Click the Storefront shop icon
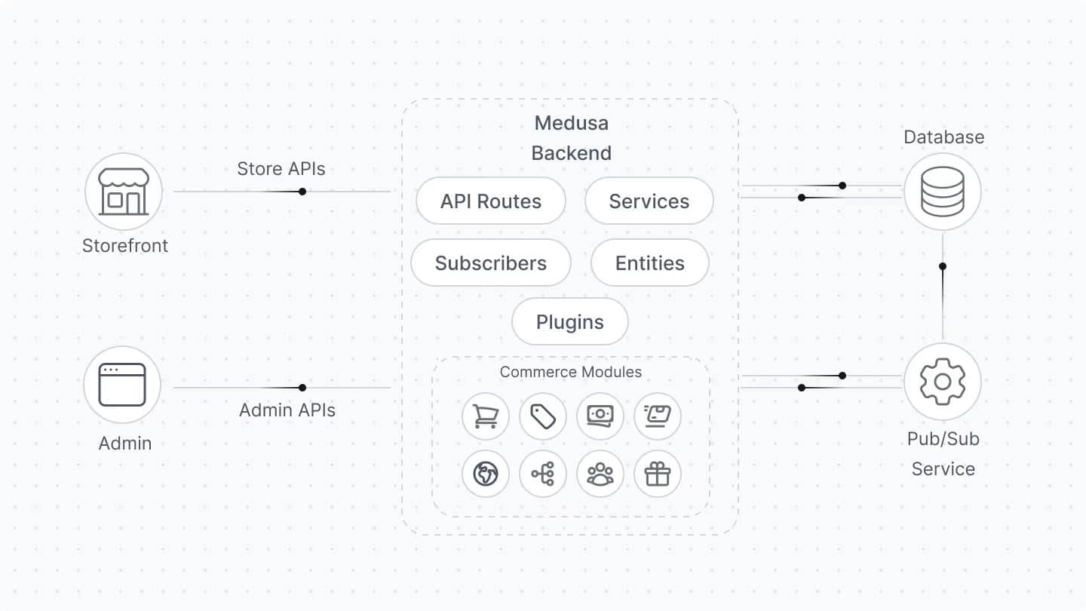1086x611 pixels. (x=123, y=192)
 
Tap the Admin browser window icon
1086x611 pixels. (x=122, y=385)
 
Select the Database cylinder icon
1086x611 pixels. (x=943, y=192)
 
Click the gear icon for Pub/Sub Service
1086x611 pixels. (x=943, y=381)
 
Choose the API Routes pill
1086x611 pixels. (x=490, y=201)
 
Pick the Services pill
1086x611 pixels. (x=649, y=201)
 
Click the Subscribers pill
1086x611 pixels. (x=490, y=263)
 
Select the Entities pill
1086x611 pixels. (x=649, y=263)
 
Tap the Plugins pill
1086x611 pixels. (x=569, y=322)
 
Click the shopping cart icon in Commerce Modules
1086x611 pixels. (x=485, y=416)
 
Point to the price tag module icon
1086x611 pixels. (x=543, y=416)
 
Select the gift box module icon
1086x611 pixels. (x=658, y=474)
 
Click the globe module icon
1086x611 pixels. (x=485, y=474)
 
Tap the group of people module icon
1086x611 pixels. (x=600, y=474)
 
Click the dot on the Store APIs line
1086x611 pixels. (x=302, y=192)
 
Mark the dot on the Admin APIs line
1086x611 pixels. (x=302, y=388)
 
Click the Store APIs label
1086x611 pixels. (x=281, y=169)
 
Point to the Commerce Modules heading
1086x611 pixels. (x=571, y=372)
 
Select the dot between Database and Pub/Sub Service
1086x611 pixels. (x=943, y=266)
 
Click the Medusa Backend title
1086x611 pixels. (x=571, y=138)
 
